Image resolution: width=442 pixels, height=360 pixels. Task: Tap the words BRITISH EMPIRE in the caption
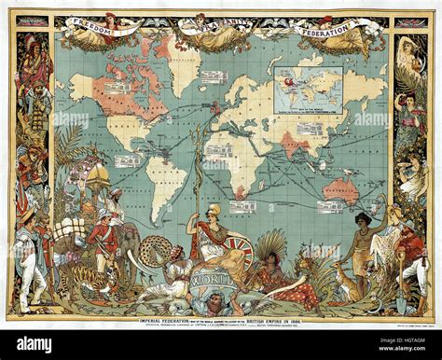coord(280,321)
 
